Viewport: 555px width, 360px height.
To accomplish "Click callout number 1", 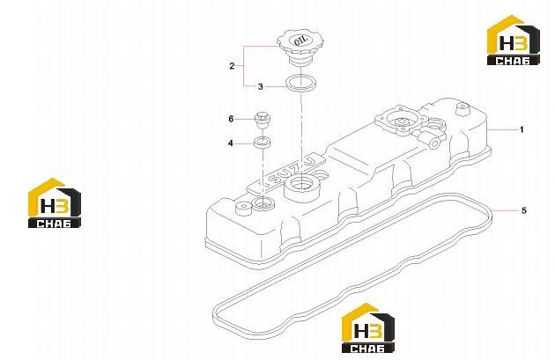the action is [x=522, y=129].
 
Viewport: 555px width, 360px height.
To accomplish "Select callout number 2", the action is [x=232, y=66].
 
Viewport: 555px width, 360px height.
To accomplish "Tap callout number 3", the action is [x=260, y=86].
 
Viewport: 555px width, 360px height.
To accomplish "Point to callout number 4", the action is [x=231, y=143].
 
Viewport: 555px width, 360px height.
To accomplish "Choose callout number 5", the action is [x=524, y=210].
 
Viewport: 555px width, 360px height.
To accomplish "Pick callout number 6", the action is [x=231, y=119].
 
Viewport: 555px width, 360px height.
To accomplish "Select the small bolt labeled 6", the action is [x=262, y=121].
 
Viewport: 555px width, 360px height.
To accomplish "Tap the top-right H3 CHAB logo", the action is [x=514, y=40].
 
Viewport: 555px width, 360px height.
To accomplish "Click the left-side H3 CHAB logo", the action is [x=55, y=202].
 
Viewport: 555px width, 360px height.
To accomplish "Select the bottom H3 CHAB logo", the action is [x=368, y=327].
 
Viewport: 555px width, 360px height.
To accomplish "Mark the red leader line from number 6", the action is [x=245, y=119].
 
